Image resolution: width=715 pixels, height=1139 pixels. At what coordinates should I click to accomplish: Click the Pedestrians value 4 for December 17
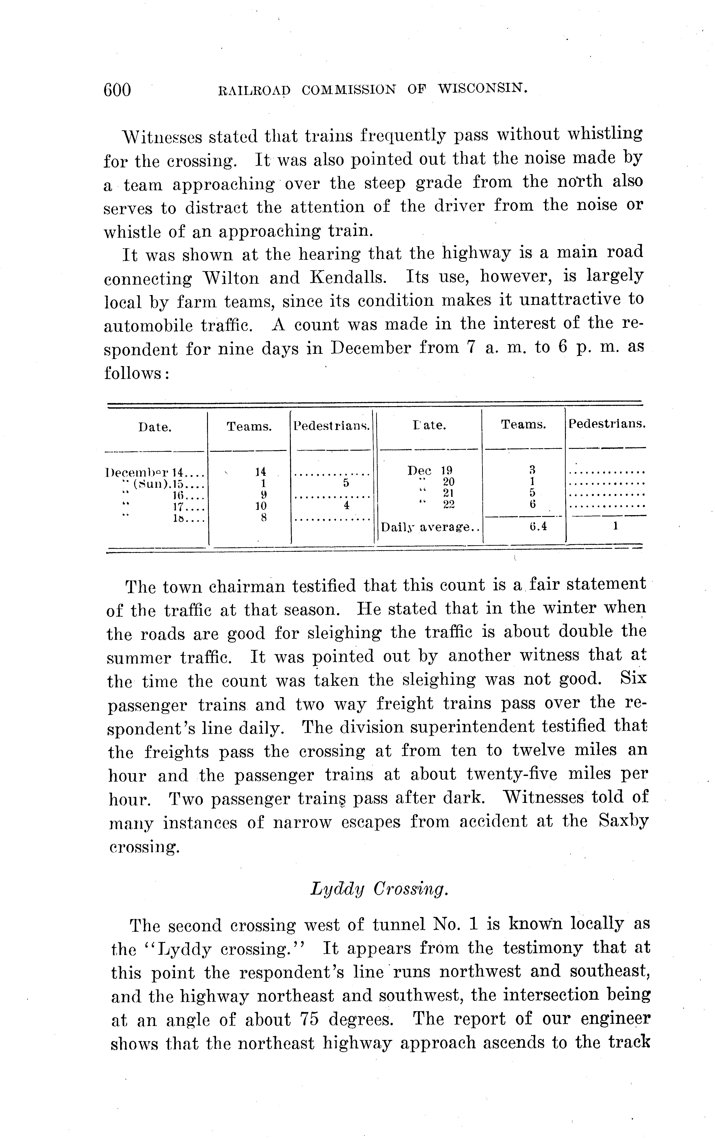coord(346,505)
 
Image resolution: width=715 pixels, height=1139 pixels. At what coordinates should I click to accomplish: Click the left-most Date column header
coord(155,427)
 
